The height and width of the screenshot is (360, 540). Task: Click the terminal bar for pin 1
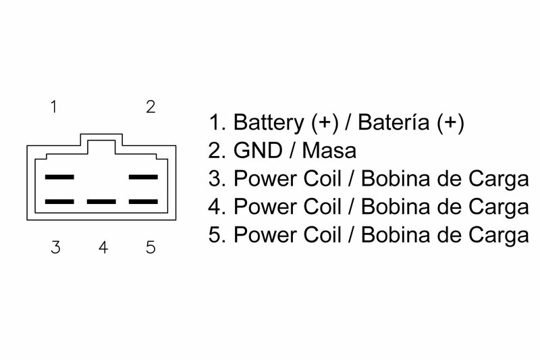(x=59, y=178)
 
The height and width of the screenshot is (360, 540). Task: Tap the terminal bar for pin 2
(x=143, y=178)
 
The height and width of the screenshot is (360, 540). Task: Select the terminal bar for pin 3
(x=59, y=202)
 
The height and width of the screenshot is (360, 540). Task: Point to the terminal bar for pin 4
(x=101, y=202)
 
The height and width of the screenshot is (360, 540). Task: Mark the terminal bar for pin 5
(x=143, y=202)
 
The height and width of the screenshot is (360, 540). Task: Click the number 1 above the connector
(x=53, y=107)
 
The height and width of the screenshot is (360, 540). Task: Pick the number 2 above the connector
(x=151, y=107)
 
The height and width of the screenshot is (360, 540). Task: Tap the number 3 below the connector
(x=55, y=247)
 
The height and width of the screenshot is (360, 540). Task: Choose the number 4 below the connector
(x=103, y=247)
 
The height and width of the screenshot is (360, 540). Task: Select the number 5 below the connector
(x=150, y=247)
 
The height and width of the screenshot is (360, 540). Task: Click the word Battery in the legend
(x=269, y=123)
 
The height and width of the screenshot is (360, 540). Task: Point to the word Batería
(x=394, y=123)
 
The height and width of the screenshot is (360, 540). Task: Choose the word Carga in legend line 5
(x=497, y=236)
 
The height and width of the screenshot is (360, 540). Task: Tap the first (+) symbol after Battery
(x=325, y=123)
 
